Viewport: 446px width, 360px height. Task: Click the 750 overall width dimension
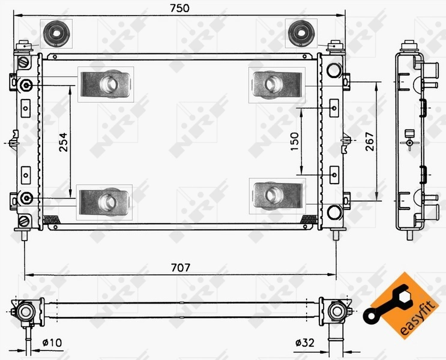click(178, 8)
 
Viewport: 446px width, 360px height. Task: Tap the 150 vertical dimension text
click(294, 142)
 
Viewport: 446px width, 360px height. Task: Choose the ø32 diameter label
click(305, 343)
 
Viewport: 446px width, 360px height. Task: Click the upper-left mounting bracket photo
click(106, 84)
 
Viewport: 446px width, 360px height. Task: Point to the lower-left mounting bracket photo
click(106, 198)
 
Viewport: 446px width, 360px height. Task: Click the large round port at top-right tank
click(334, 69)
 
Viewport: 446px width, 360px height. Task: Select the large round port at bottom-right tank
click(334, 212)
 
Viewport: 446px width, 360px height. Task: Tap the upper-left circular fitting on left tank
click(26, 86)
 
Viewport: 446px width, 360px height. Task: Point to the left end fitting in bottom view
click(26, 310)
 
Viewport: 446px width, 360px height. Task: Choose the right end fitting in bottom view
click(335, 310)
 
